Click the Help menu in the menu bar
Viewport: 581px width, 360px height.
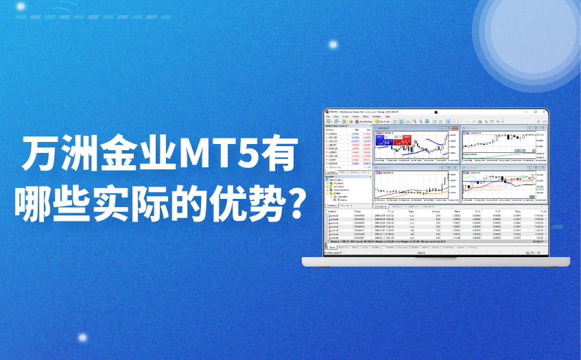(x=387, y=117)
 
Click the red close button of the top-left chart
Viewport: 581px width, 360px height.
(x=458, y=128)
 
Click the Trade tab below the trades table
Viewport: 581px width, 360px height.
(x=331, y=248)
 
